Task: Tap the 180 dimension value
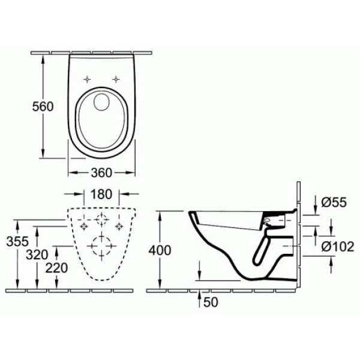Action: point(101,195)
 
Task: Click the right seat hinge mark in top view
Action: point(115,79)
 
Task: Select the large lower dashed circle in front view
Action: point(101,245)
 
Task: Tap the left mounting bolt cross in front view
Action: point(83,226)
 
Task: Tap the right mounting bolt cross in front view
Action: point(120,226)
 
